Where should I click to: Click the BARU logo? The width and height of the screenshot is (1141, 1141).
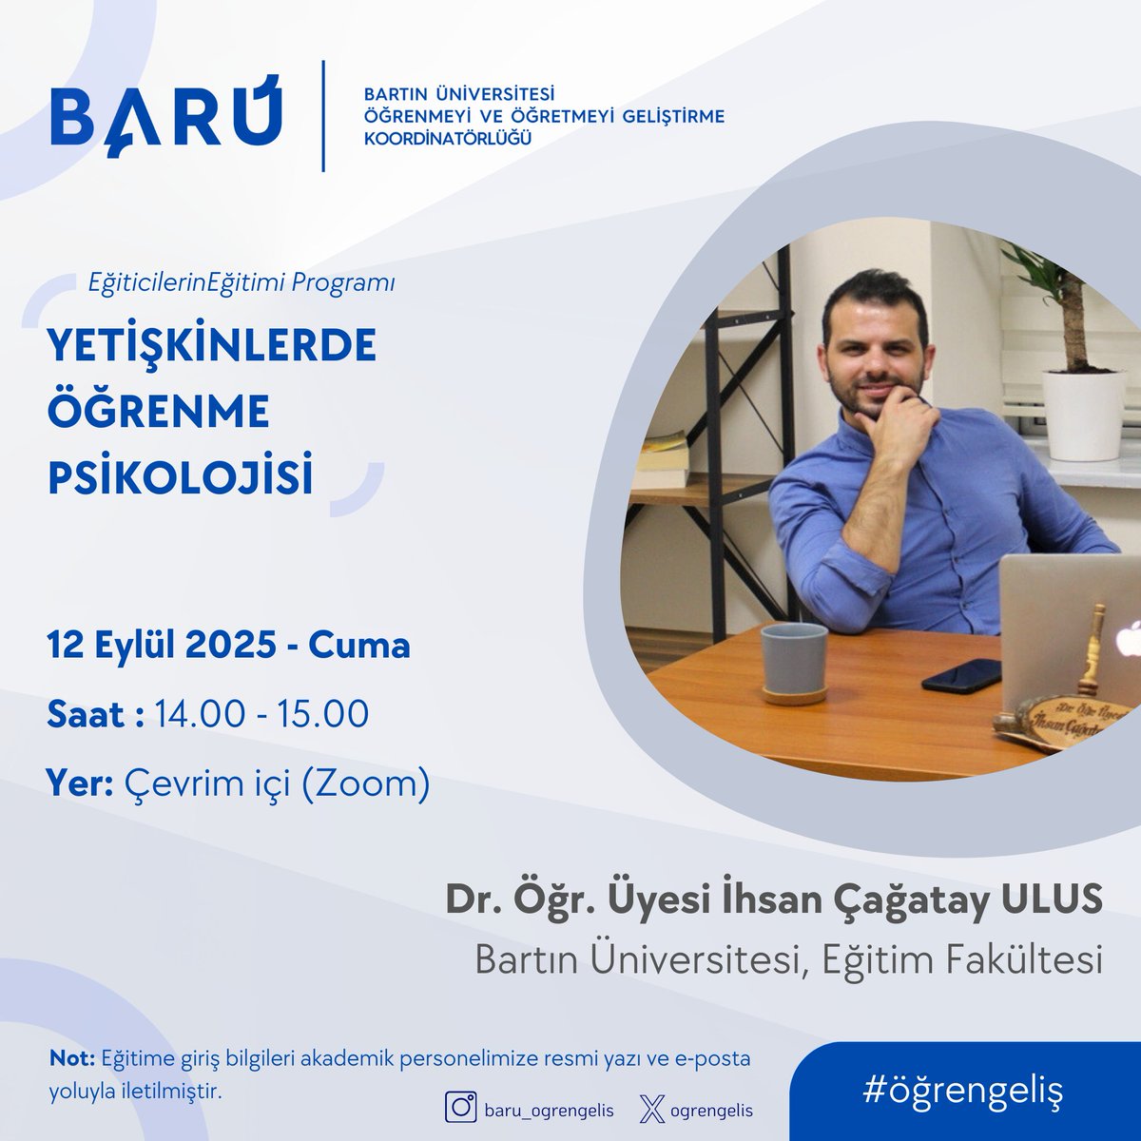tap(165, 115)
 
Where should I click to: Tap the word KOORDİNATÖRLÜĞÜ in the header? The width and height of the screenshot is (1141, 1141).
tap(447, 139)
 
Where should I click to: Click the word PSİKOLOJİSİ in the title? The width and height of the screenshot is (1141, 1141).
tap(181, 478)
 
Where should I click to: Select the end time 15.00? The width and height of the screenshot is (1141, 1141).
tap(322, 714)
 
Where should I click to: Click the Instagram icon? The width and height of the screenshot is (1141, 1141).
tap(462, 1109)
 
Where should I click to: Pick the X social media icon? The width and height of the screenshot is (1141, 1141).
tap(651, 1110)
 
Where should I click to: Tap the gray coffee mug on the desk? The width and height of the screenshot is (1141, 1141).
tap(793, 661)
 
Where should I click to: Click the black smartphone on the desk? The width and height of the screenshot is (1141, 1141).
tap(960, 674)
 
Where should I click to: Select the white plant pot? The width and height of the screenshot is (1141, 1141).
tap(1082, 415)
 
